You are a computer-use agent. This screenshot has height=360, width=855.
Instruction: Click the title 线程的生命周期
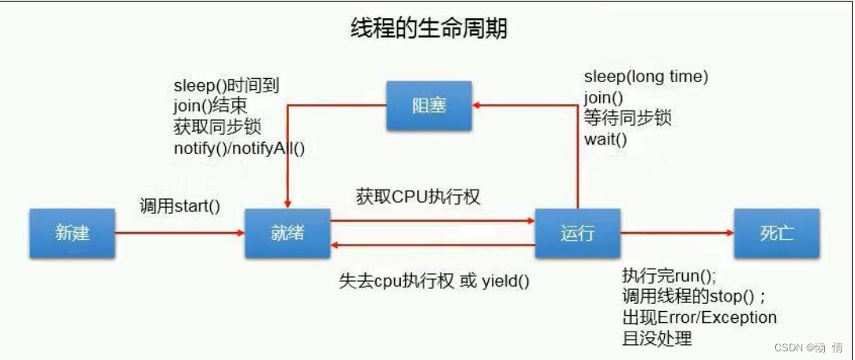click(428, 29)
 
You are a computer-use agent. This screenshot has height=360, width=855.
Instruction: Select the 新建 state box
click(72, 233)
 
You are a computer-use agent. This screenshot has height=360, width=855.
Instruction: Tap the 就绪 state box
click(286, 233)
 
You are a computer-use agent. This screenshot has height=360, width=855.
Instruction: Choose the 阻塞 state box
click(429, 106)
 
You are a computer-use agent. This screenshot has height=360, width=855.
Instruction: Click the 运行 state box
click(577, 233)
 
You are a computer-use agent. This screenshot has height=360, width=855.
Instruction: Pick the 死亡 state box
click(776, 233)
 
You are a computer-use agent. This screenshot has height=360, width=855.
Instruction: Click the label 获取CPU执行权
click(418, 197)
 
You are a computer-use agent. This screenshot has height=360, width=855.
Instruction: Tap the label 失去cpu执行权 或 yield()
click(434, 280)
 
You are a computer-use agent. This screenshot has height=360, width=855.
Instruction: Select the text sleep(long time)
click(646, 77)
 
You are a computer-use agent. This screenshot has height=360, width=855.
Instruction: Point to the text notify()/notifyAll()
click(239, 147)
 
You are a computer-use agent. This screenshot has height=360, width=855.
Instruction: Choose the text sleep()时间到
click(226, 85)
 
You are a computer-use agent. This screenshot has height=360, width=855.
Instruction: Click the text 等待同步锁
click(628, 118)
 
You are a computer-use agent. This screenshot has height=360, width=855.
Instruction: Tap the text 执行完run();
click(668, 276)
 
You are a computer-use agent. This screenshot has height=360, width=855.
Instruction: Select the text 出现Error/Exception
click(699, 317)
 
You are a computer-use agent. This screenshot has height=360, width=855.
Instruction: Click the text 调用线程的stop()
click(692, 296)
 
